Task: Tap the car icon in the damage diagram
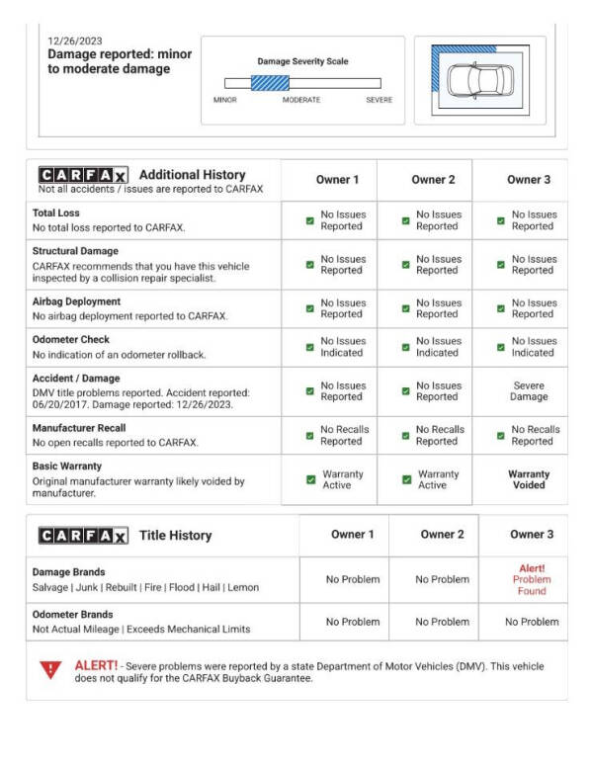479,80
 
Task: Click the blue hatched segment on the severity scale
270,83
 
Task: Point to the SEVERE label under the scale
379,100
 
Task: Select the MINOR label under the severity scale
225,100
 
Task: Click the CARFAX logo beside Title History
82,535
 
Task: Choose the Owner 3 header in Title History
532,535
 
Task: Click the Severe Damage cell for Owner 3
529,391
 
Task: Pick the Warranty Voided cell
529,479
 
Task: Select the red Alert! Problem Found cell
532,579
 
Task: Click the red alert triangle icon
50,670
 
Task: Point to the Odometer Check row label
72,340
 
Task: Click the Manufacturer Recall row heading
79,428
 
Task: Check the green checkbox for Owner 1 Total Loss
309,220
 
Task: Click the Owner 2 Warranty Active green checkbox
406,479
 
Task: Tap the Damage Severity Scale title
302,61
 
